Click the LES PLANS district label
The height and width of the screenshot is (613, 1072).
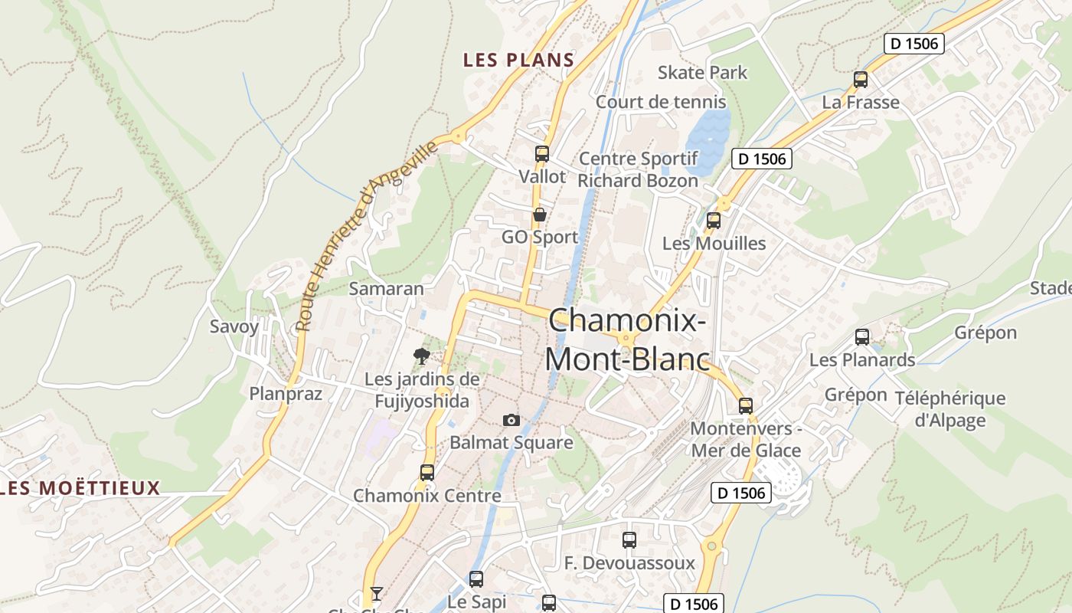click(518, 60)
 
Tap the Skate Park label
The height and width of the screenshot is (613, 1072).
click(702, 73)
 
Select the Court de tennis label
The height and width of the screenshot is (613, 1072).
click(661, 102)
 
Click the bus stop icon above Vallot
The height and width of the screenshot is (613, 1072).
click(542, 153)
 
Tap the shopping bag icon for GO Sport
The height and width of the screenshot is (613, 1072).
click(540, 215)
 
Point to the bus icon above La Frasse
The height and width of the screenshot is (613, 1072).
click(861, 79)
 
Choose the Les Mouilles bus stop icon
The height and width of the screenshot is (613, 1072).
click(714, 221)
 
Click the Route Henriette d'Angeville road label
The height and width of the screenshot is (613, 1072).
click(365, 236)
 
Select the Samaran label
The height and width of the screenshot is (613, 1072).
click(386, 289)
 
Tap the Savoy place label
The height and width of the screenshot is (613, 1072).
click(234, 326)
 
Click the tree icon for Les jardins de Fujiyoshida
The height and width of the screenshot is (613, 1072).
click(421, 356)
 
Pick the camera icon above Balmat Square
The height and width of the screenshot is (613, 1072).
click(511, 420)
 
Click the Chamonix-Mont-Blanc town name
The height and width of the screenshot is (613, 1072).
click(627, 339)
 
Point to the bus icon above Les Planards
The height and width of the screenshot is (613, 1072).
click(862, 337)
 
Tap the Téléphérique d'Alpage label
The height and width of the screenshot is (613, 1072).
click(960, 409)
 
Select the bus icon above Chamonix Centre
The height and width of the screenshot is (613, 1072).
click(427, 473)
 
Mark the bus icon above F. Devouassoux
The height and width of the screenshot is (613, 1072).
click(629, 540)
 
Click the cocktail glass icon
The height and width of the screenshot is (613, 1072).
click(376, 593)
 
